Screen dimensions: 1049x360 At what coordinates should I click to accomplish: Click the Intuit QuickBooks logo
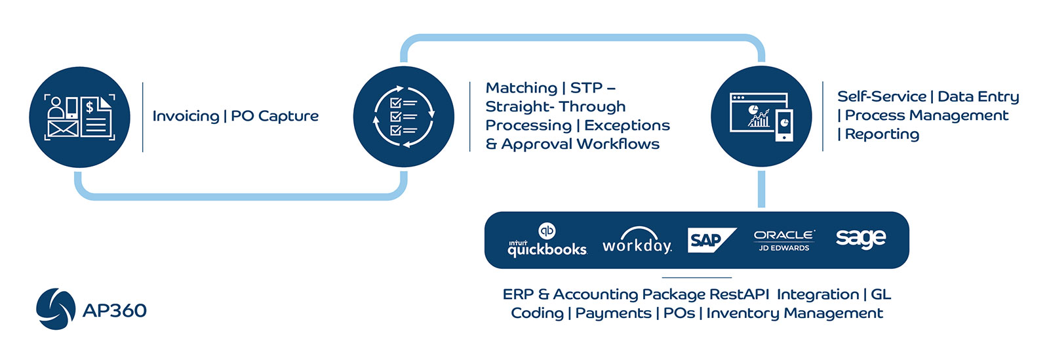pyautogui.click(x=547, y=240)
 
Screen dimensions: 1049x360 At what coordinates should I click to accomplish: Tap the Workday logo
pyautogui.click(x=637, y=241)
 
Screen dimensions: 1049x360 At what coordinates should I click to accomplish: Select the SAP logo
pyautogui.click(x=711, y=240)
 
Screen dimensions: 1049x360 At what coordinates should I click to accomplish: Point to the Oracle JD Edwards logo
pyautogui.click(x=784, y=241)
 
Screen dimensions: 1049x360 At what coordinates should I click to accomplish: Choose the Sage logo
pyautogui.click(x=861, y=239)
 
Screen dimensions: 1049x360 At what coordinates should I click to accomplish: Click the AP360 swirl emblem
pyautogui.click(x=56, y=309)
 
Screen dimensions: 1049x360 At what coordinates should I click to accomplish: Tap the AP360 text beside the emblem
pyautogui.click(x=115, y=310)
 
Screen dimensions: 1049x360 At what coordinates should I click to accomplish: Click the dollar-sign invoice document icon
pyautogui.click(x=96, y=117)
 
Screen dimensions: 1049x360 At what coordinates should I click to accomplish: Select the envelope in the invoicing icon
pyautogui.click(x=63, y=129)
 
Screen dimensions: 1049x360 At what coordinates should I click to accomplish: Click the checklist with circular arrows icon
pyautogui.click(x=404, y=117)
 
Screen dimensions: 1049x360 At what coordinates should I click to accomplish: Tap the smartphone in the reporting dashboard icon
pyautogui.click(x=784, y=125)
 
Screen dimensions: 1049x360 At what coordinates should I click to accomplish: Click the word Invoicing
pyautogui.click(x=186, y=116)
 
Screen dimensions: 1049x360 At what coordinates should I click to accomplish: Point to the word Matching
pyautogui.click(x=521, y=88)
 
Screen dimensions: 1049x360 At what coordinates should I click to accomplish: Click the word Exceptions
pyautogui.click(x=627, y=125)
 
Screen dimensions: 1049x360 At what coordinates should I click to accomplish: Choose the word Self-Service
pyautogui.click(x=882, y=96)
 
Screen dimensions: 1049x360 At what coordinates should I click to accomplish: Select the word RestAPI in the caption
pyautogui.click(x=739, y=294)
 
